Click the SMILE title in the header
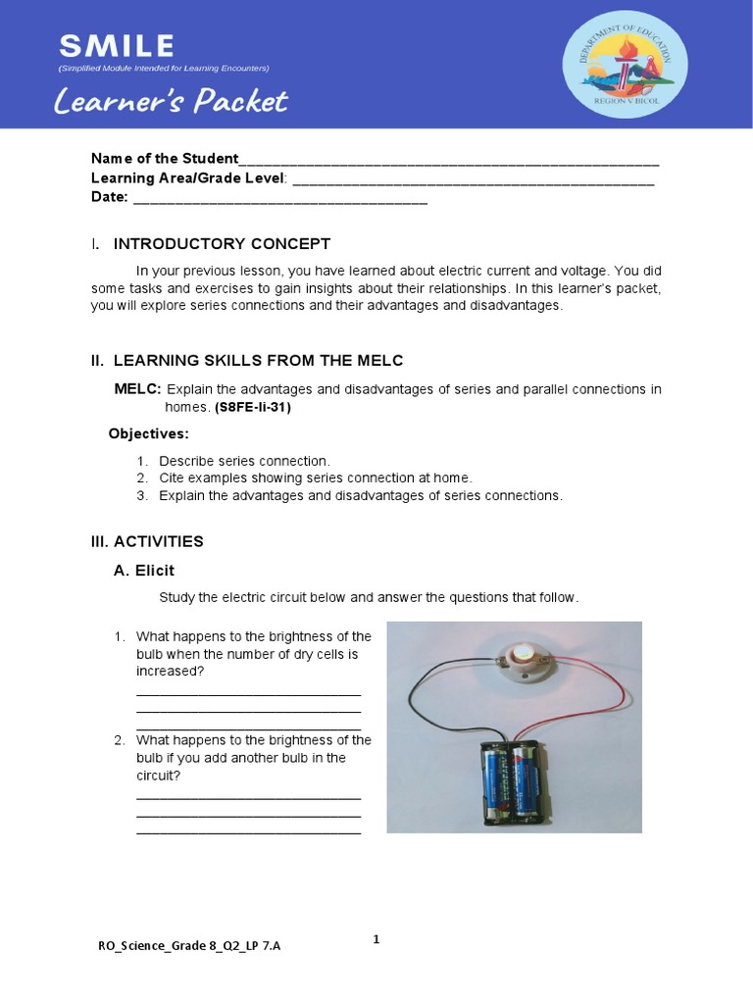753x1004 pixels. [x=116, y=45]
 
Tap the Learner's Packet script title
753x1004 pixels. [x=172, y=101]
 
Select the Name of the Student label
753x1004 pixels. [x=165, y=159]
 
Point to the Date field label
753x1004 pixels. [x=110, y=197]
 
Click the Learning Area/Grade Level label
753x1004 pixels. [x=188, y=177]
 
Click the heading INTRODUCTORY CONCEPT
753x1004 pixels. [x=222, y=244]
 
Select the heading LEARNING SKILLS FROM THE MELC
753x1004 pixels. [x=258, y=361]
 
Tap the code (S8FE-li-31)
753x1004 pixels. [x=253, y=407]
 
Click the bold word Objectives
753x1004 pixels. [x=148, y=433]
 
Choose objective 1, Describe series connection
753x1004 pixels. [x=244, y=461]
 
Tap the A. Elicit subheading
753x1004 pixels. [x=144, y=571]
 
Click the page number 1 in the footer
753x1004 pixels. [x=376, y=939]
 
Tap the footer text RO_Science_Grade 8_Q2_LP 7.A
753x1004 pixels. [x=195, y=946]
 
